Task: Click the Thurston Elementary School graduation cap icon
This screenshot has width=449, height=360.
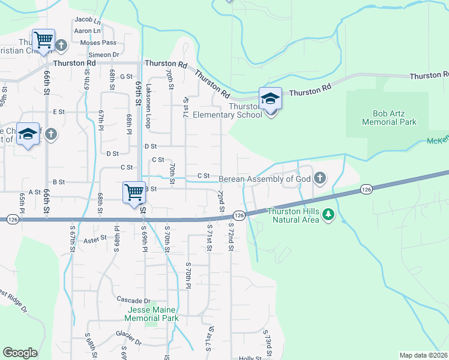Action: (x=270, y=98)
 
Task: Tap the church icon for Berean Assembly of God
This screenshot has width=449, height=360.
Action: (x=320, y=178)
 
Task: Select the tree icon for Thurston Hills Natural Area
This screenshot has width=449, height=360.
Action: (x=328, y=214)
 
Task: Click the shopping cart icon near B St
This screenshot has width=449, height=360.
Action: (x=134, y=193)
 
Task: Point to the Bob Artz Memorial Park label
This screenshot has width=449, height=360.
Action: (x=389, y=118)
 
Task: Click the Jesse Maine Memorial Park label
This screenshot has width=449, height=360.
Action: (x=152, y=314)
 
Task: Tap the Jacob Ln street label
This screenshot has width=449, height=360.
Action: (x=87, y=21)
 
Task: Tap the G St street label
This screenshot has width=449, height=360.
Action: (x=126, y=77)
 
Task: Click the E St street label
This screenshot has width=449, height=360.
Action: (x=59, y=112)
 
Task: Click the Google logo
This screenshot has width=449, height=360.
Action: (x=20, y=353)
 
